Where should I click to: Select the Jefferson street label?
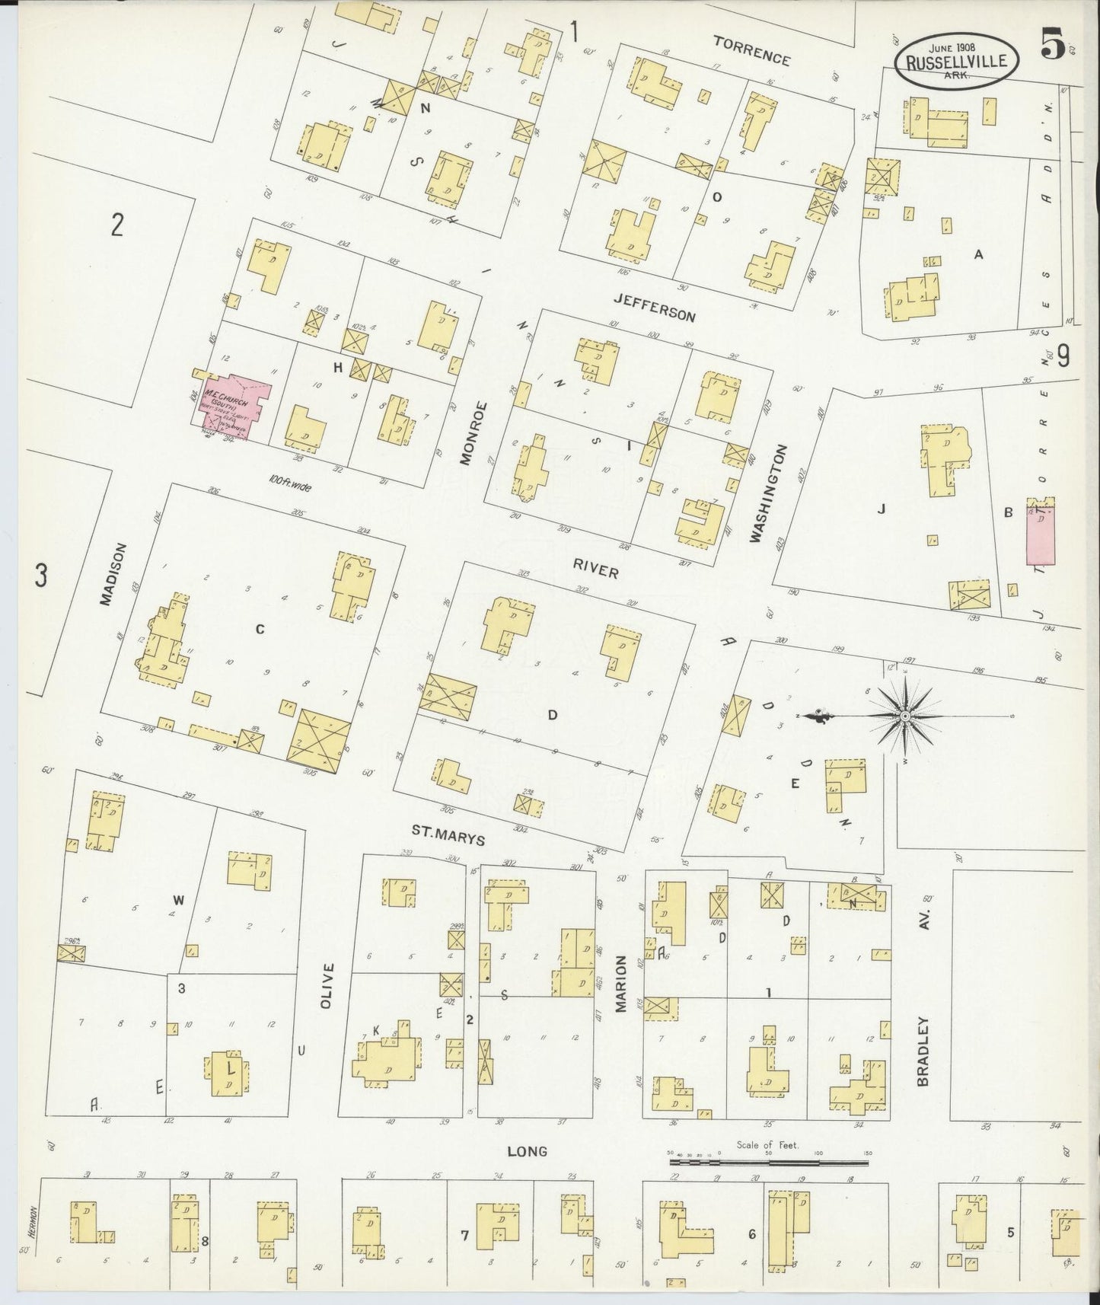pos(655,308)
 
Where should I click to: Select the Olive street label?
pos(327,986)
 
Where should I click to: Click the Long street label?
pos(527,1150)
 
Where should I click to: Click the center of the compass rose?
pos(905,716)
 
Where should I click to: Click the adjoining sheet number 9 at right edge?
pos(1063,356)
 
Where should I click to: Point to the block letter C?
pos(260,629)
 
